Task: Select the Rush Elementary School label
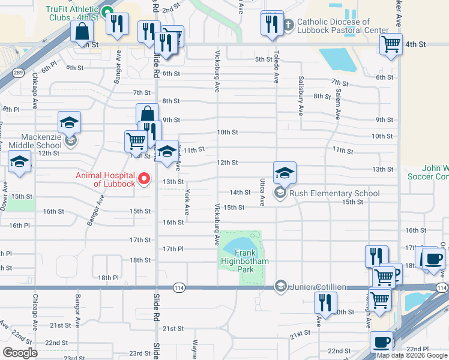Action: click(334, 193)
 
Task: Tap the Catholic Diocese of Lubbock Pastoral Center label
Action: click(342, 26)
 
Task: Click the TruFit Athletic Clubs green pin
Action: click(107, 12)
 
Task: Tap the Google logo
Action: click(20, 353)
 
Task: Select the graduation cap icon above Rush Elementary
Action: click(285, 173)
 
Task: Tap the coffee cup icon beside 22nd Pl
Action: click(381, 342)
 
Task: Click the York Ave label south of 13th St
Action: click(187, 202)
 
